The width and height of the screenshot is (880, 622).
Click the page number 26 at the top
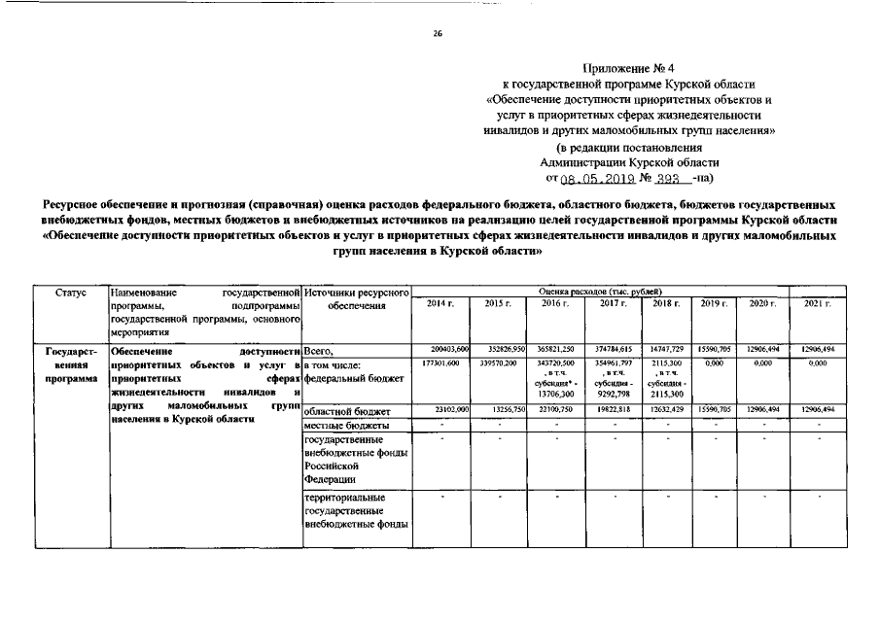438,34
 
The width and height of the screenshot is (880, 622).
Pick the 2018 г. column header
665,304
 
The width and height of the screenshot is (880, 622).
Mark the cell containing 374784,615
613,349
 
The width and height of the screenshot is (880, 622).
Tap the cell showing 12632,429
667,411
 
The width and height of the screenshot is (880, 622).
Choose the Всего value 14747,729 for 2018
667,349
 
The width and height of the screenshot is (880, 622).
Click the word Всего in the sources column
319,351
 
